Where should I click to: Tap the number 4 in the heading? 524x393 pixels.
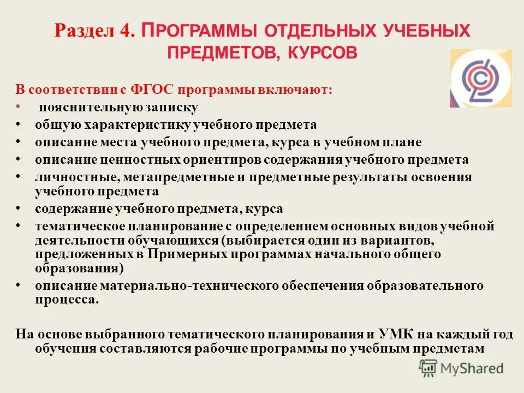click(127, 31)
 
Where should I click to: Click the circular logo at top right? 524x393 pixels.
click(481, 79)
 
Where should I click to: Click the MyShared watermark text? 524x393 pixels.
click(473, 368)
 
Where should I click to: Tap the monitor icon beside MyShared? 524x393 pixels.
click(430, 368)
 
